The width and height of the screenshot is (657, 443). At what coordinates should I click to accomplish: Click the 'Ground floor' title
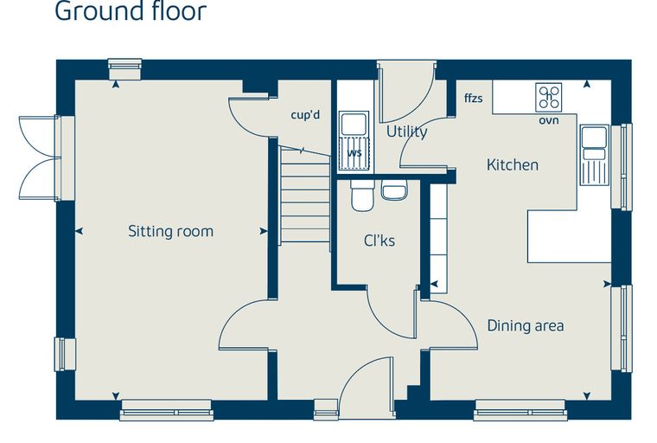click(x=131, y=11)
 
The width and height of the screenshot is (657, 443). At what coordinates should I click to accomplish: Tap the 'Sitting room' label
click(x=170, y=231)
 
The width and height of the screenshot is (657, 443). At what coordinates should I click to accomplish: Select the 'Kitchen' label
click(x=513, y=164)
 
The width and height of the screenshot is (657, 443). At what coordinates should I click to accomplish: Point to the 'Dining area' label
click(x=526, y=325)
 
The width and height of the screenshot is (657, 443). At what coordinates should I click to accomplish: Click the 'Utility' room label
click(x=407, y=132)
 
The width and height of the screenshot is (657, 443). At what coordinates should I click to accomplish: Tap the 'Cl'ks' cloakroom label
click(x=380, y=241)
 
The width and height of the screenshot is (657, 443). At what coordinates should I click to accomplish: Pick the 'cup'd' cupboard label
click(x=305, y=114)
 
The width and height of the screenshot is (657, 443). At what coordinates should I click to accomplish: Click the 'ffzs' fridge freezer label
click(x=474, y=98)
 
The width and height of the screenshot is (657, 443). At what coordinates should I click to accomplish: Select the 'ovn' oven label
click(x=548, y=120)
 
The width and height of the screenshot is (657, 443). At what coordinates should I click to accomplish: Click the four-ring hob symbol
click(x=548, y=97)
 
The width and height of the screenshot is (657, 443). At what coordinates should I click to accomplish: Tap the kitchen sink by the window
click(x=594, y=155)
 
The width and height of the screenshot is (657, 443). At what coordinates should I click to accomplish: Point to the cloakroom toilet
click(x=362, y=195)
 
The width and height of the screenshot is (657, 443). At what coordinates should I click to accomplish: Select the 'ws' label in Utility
click(x=354, y=152)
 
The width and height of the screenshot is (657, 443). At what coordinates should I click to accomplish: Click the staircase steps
click(x=305, y=194)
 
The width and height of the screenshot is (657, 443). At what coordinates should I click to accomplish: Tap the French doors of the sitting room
click(x=40, y=157)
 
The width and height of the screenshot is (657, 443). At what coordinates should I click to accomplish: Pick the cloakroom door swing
click(x=392, y=311)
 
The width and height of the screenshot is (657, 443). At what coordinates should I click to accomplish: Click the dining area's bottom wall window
click(x=520, y=410)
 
